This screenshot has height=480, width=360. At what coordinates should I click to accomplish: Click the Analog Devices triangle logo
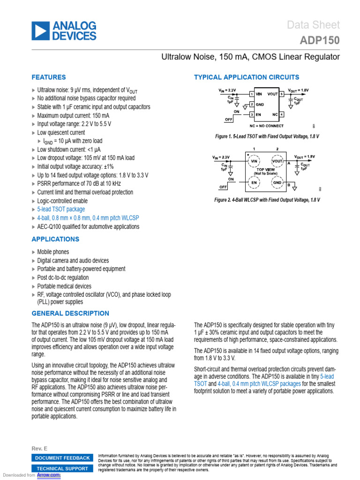[40, 30]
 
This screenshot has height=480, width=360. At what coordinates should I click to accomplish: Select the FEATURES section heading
[48, 77]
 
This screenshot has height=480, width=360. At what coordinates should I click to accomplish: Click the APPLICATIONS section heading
[55, 239]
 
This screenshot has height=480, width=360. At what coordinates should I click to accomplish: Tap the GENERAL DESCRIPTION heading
[70, 313]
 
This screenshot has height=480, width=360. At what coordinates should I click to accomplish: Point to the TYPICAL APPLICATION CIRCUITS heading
[246, 77]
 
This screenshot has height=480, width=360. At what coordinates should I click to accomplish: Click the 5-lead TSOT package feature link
[61, 210]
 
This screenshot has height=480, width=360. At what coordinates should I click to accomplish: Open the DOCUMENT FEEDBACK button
[62, 458]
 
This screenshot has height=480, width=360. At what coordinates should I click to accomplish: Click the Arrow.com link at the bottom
[49, 475]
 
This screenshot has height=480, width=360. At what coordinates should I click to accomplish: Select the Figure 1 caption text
[267, 136]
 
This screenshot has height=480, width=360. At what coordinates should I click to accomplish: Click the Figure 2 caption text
[267, 200]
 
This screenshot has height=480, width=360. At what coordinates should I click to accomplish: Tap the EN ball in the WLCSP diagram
[254, 182]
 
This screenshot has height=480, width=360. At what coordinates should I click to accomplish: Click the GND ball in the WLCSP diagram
[277, 182]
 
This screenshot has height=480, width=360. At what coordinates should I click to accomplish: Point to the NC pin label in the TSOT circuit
[275, 114]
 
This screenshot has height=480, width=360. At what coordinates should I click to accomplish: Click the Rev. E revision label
[39, 449]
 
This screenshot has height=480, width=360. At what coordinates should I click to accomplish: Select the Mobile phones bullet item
[53, 252]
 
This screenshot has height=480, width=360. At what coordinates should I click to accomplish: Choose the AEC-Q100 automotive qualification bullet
[88, 226]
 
